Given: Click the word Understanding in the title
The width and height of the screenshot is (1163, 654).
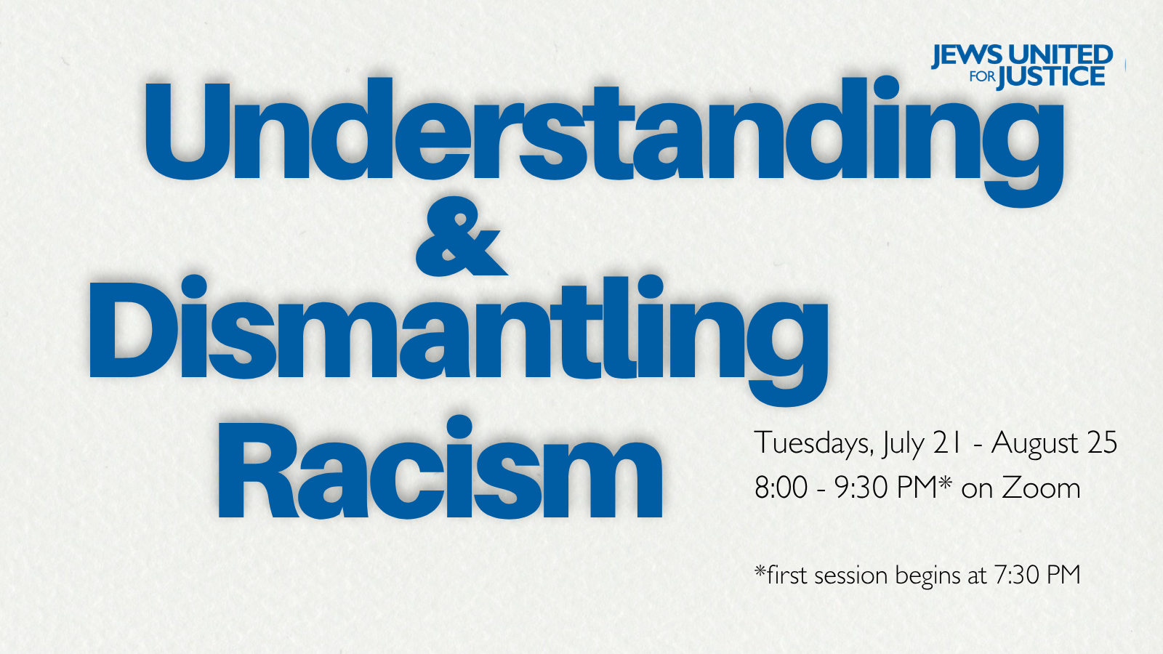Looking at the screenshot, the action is [x=604, y=141].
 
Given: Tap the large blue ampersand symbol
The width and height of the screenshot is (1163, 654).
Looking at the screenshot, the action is [x=461, y=236].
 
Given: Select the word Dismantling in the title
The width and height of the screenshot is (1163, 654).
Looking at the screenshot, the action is [x=459, y=340].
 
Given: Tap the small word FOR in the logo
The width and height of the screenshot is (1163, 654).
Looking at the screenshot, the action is [x=982, y=77].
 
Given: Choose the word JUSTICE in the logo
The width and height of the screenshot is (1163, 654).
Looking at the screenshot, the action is [x=1051, y=77].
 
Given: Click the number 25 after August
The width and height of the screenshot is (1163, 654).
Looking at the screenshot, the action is [x=1102, y=443].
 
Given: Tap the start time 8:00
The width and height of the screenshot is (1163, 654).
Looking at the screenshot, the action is [x=781, y=488].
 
